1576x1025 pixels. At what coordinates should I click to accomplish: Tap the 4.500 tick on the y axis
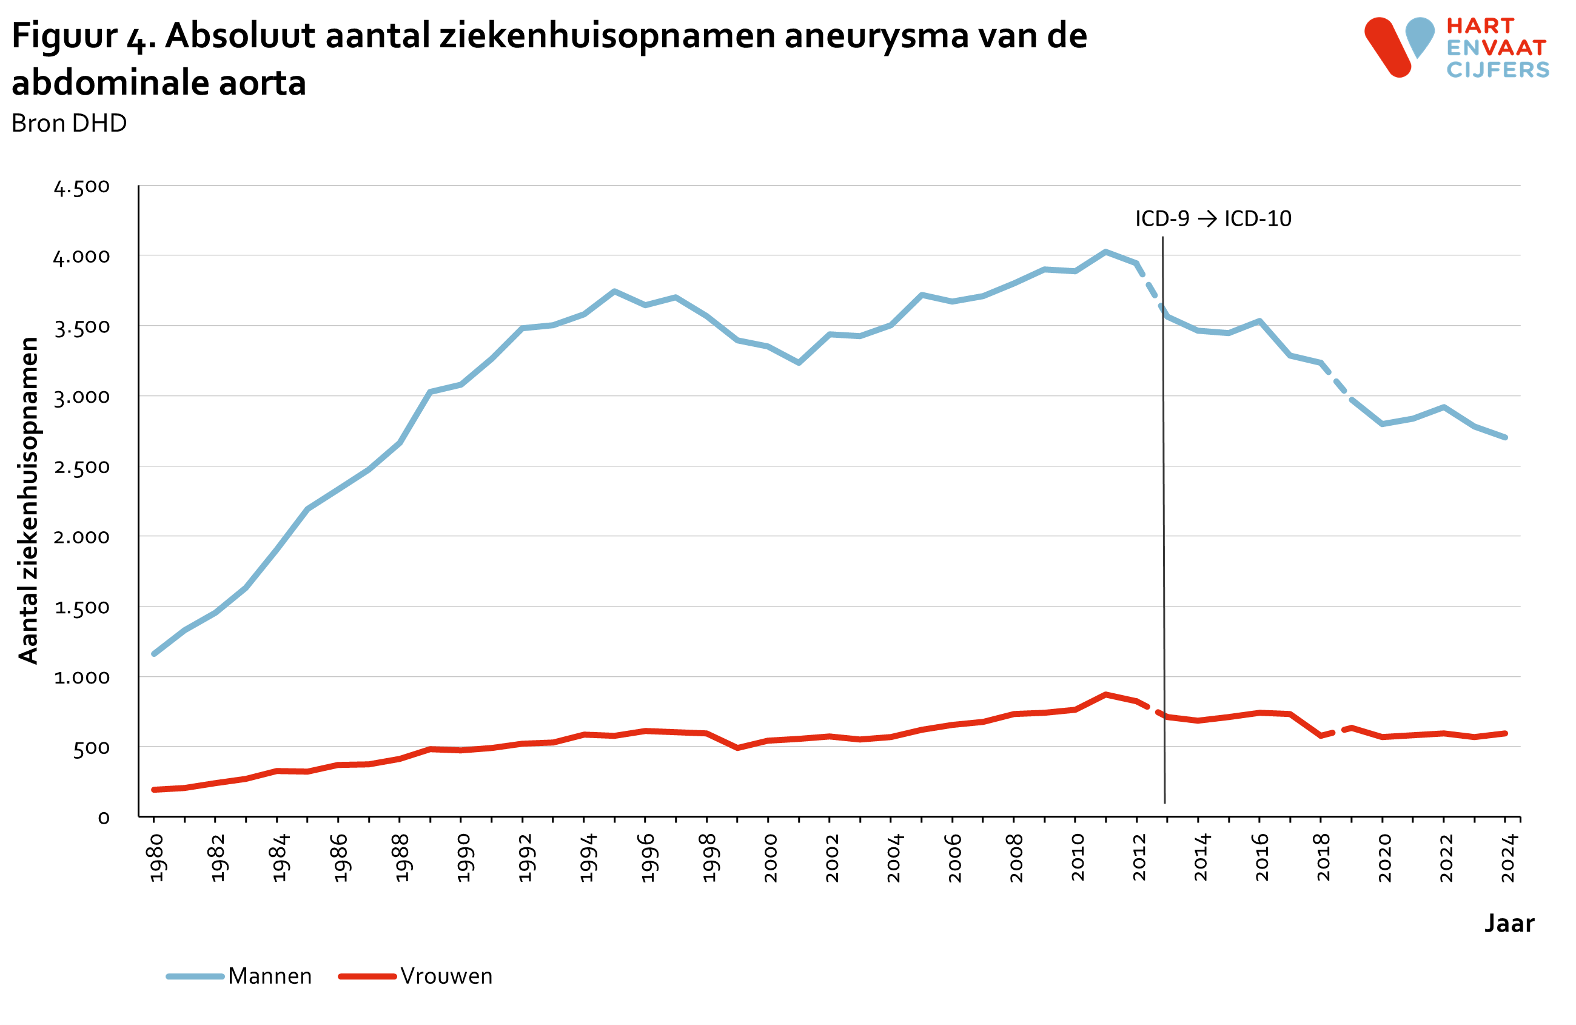pyautogui.click(x=81, y=187)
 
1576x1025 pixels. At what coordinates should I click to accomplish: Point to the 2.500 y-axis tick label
pyautogui.click(x=81, y=468)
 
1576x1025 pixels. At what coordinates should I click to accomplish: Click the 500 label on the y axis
pyautogui.click(x=91, y=749)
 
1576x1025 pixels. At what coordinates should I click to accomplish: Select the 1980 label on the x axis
pyautogui.click(x=156, y=858)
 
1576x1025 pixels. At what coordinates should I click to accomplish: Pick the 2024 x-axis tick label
pyautogui.click(x=1508, y=858)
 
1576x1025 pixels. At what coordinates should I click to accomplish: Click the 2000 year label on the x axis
pyautogui.click(x=770, y=858)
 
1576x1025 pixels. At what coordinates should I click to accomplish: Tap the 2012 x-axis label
pyautogui.click(x=1139, y=858)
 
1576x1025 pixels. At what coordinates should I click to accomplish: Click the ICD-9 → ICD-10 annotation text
pyautogui.click(x=1213, y=218)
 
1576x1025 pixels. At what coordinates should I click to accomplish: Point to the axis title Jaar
pyautogui.click(x=1509, y=924)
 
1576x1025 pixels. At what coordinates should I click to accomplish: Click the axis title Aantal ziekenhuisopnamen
pyautogui.click(x=29, y=500)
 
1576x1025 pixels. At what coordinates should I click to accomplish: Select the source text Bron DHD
pyautogui.click(x=69, y=123)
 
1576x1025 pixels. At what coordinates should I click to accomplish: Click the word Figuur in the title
pyautogui.click(x=64, y=36)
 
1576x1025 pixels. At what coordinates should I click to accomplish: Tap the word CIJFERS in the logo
pyautogui.click(x=1498, y=70)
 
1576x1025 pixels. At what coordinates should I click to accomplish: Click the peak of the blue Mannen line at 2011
pyautogui.click(x=1105, y=252)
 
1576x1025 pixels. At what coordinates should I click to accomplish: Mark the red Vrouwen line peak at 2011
pyautogui.click(x=1105, y=694)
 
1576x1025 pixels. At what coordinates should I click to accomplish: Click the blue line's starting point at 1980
pyautogui.click(x=153, y=654)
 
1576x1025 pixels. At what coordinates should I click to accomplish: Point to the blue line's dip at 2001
pyautogui.click(x=799, y=363)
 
